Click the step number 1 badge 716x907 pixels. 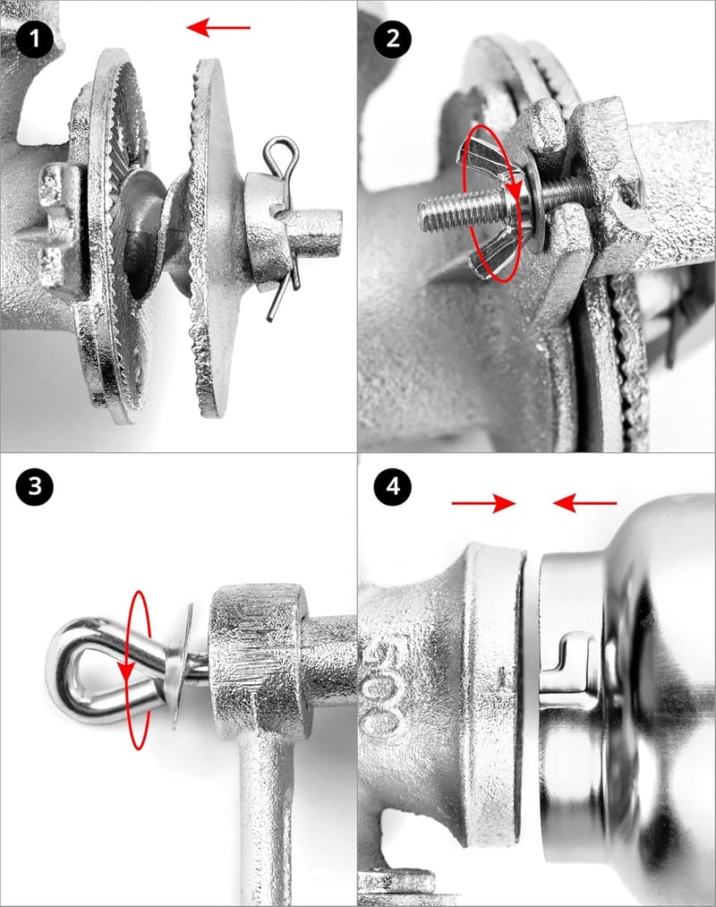(x=35, y=39)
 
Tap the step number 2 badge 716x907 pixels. (x=393, y=39)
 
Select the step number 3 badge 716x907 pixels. (x=35, y=486)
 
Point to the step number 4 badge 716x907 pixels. (x=393, y=486)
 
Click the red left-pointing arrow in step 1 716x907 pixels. (x=218, y=27)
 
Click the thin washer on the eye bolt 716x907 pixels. (x=183, y=666)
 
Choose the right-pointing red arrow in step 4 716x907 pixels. (x=483, y=503)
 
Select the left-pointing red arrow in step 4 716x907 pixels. (x=584, y=503)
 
